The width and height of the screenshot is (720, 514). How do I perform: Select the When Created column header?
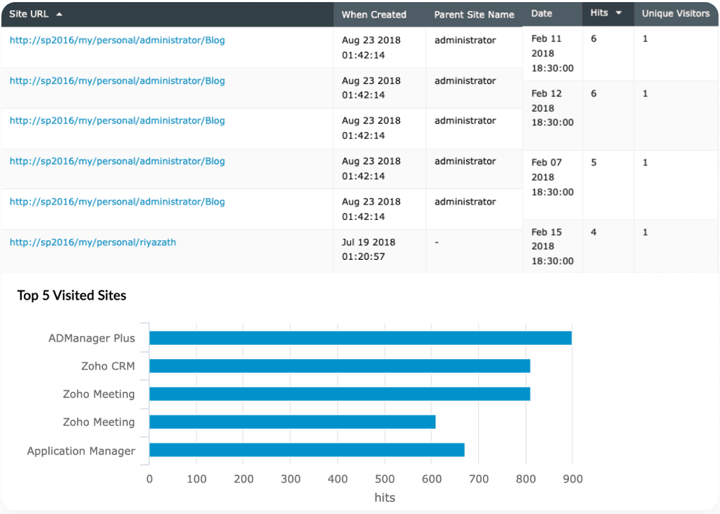coord(373,14)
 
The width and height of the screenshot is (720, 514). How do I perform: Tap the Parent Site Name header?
coord(474,14)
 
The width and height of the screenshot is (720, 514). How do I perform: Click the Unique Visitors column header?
coord(675,13)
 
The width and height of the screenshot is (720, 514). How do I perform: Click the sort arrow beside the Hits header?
coord(619,13)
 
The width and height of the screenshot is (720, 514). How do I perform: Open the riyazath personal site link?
coord(93,242)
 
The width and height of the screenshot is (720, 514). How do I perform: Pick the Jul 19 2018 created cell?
coord(368,249)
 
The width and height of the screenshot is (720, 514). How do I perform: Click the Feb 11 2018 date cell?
coord(552,53)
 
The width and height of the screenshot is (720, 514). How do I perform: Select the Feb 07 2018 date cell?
coord(552,177)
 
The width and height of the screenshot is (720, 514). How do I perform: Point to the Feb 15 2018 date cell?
coord(552,247)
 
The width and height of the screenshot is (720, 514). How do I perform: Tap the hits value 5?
coord(593,163)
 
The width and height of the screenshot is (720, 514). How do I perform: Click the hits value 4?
coord(593,233)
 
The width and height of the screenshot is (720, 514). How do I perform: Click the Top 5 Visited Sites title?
coord(72,295)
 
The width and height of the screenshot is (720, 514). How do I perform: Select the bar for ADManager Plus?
coord(360,338)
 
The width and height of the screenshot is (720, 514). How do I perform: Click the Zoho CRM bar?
coord(340,366)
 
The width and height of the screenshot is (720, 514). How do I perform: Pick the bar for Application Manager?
coord(307,450)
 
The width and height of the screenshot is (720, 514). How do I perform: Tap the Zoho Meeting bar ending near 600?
coord(292,422)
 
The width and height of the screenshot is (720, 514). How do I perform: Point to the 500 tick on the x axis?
coord(384,479)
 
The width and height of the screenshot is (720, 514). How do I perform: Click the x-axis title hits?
coord(384,497)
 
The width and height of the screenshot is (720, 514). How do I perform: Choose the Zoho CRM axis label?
coord(108,366)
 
